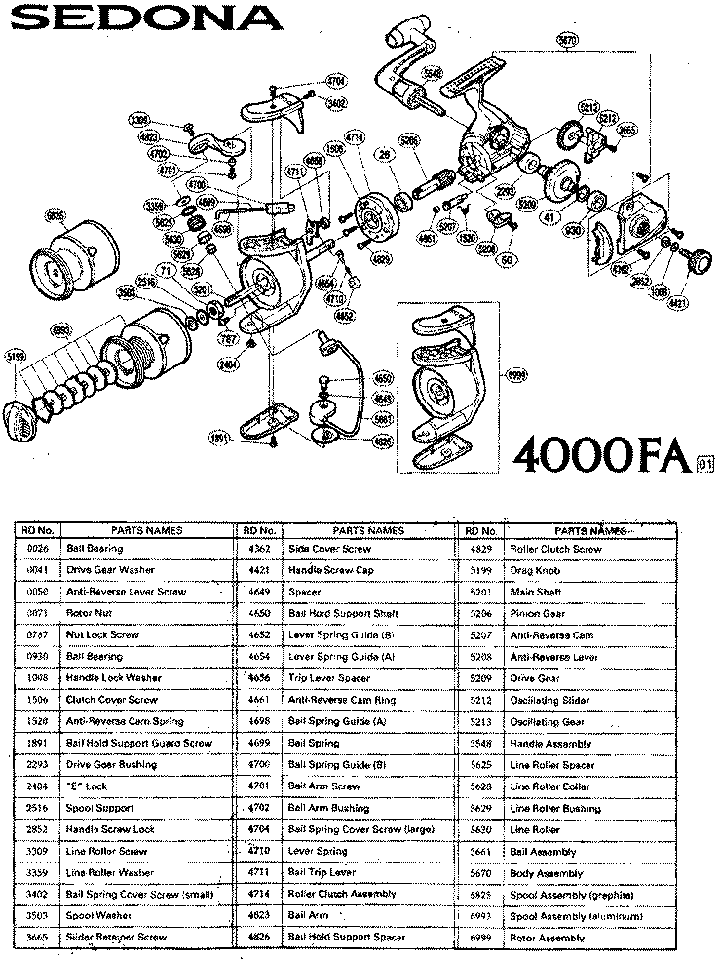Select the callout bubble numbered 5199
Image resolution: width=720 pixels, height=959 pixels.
(18, 356)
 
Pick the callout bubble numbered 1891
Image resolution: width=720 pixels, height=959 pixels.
(220, 439)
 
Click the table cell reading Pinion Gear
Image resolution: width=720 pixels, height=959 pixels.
(535, 614)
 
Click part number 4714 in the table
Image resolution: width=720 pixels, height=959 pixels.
(259, 894)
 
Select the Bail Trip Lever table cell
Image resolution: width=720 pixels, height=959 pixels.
(322, 872)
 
